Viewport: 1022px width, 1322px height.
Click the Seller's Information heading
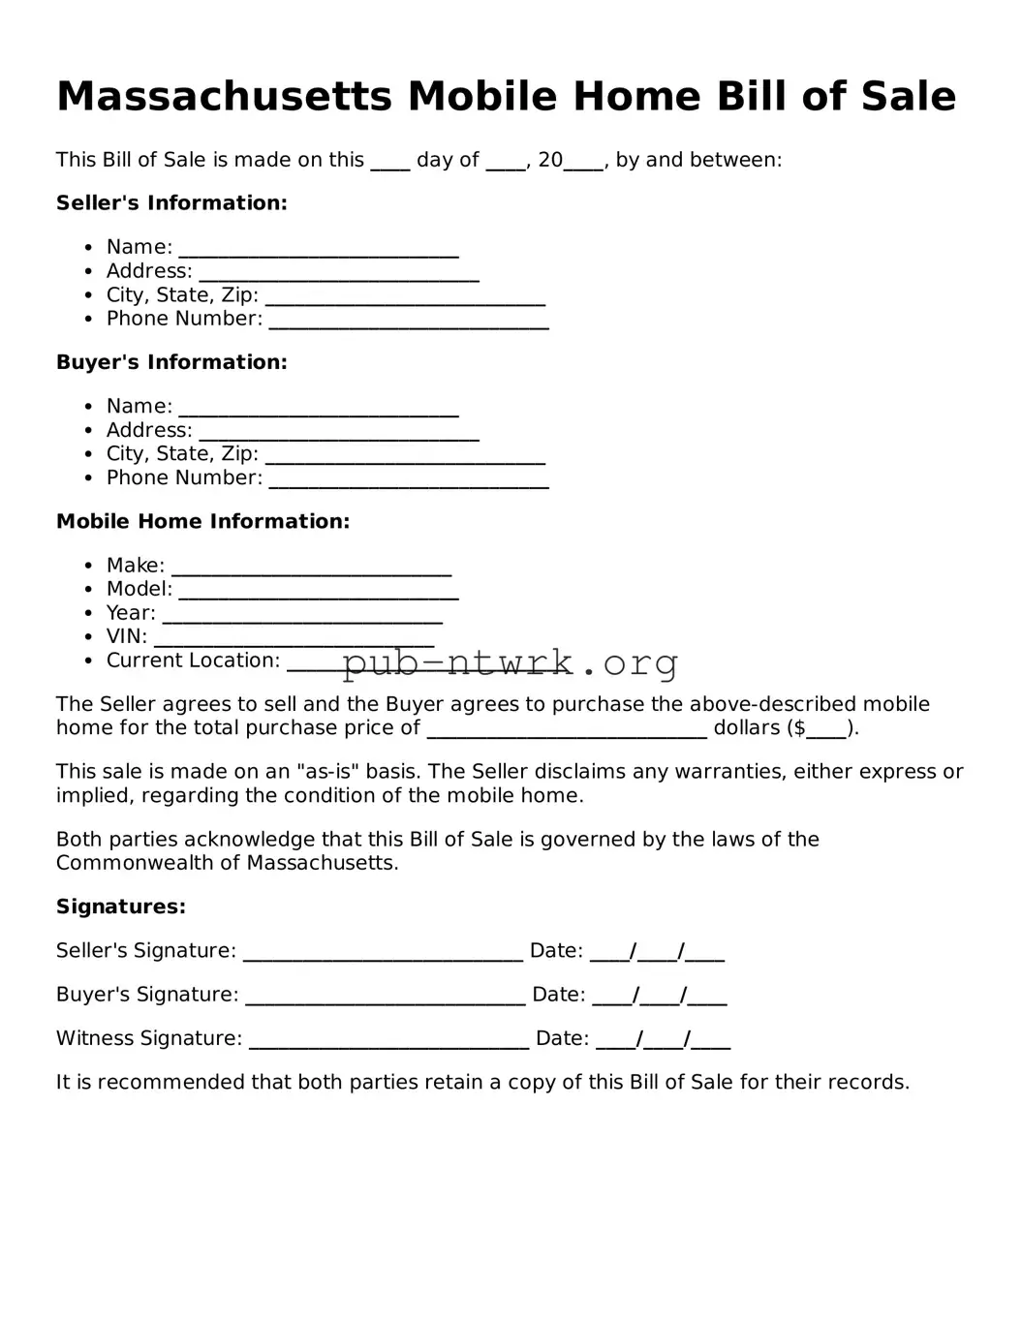[x=171, y=203]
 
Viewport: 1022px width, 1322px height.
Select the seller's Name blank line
[x=319, y=250]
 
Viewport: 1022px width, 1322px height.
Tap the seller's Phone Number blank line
[x=409, y=322]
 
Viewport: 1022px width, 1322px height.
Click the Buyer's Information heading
[x=171, y=362]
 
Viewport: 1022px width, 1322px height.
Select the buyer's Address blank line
[x=339, y=433]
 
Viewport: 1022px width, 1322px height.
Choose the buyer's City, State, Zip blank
[x=405, y=456]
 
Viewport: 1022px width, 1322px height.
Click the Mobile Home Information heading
[x=202, y=522]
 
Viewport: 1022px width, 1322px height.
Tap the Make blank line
[x=311, y=569]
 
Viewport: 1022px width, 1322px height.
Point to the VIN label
[x=126, y=637]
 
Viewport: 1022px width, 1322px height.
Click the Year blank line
[x=302, y=616]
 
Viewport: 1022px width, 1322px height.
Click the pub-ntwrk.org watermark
[x=510, y=663]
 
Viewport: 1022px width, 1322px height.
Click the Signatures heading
[x=120, y=907]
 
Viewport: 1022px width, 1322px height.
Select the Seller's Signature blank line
[x=383, y=954]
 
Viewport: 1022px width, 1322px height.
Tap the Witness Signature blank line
[x=388, y=1041]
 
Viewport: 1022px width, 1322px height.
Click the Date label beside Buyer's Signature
[x=558, y=995]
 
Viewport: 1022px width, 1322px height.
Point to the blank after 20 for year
[x=583, y=164]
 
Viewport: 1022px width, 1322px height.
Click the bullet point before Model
[x=88, y=590]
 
